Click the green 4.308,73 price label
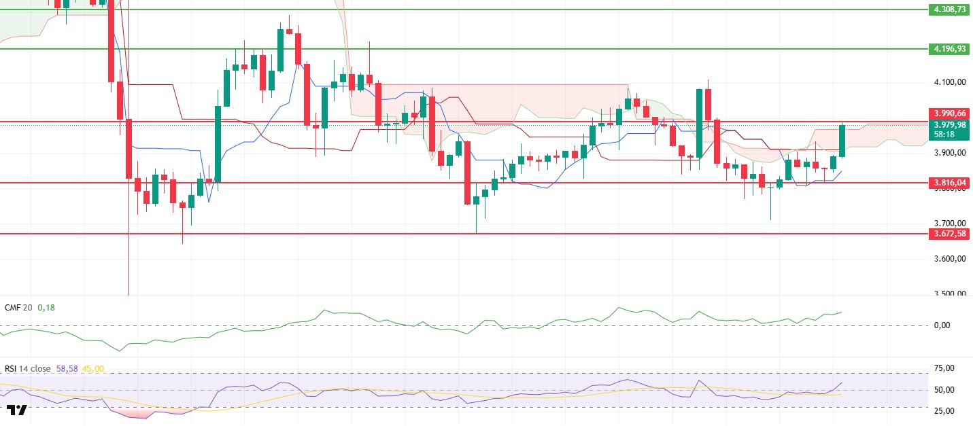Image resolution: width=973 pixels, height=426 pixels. pos(949,10)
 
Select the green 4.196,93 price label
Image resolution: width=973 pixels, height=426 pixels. pos(949,49)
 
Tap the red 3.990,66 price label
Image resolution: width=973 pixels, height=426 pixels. pos(949,113)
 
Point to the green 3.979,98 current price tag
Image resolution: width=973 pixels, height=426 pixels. pos(949,124)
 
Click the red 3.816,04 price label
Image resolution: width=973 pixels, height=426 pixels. pos(949,183)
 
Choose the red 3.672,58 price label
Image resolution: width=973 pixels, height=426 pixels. pos(949,234)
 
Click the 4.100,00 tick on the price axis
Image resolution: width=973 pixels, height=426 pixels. pos(949,82)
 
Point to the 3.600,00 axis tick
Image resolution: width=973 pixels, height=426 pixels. pos(949,259)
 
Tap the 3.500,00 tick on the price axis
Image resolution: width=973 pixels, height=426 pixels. pos(949,294)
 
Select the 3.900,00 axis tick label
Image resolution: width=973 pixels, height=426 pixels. pos(949,153)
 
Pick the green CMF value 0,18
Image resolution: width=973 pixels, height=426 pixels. pos(46,308)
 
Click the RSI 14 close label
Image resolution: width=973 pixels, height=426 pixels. pos(27,369)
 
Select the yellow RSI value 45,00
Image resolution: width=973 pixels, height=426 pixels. pos(92,369)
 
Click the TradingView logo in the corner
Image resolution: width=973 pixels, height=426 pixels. pos(17,410)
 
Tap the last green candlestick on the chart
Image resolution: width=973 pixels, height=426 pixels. pos(842,141)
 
